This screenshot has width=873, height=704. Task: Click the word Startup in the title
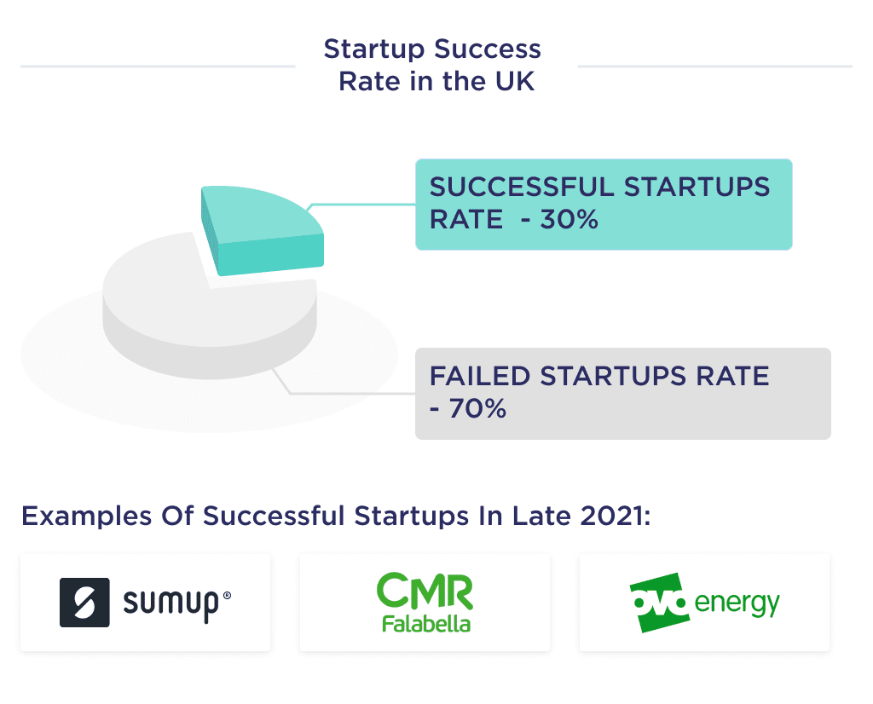373,49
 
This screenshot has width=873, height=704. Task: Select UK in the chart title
515,82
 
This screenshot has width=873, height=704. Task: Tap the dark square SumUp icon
84,603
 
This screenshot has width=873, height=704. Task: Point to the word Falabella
425,624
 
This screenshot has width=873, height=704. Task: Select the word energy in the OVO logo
737,603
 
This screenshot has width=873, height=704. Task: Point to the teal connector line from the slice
362,205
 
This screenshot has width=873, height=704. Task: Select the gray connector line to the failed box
350,393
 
